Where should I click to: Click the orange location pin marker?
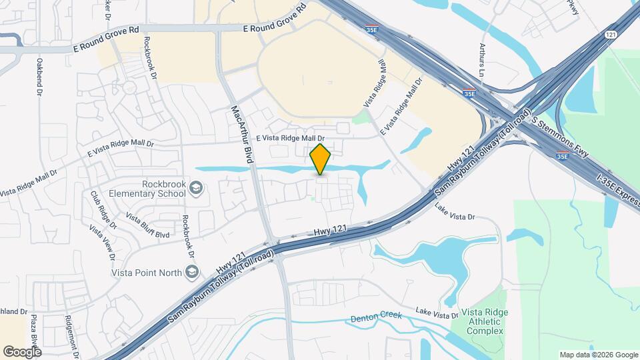click(x=321, y=159)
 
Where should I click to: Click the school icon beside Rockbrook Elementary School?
click(x=195, y=189)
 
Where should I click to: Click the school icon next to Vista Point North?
click(x=192, y=271)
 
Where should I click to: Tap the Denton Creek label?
click(x=377, y=315)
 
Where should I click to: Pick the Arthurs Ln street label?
click(x=481, y=59)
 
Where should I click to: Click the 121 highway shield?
click(x=611, y=34)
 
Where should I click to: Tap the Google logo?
click(x=21, y=351)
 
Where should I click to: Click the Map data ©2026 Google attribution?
click(x=598, y=355)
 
